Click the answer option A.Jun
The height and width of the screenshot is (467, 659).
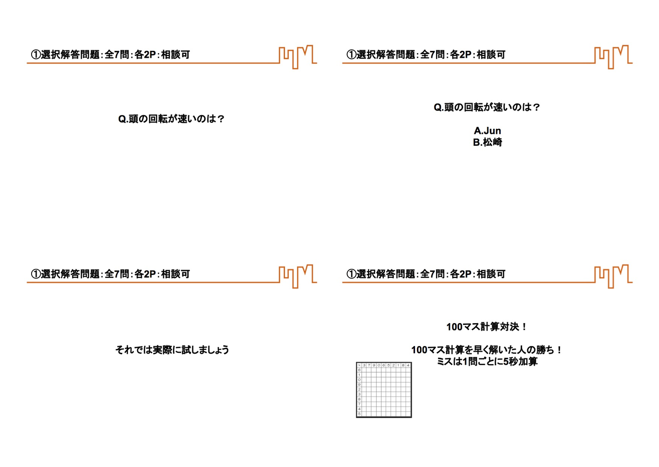(487, 131)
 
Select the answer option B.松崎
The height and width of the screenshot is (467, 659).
(487, 143)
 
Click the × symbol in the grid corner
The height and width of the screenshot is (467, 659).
(359, 365)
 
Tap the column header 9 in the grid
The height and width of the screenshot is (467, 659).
(374, 365)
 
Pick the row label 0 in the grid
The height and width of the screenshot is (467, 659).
(359, 380)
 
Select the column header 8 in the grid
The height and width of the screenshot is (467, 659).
(403, 365)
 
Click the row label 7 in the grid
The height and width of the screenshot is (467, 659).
(359, 404)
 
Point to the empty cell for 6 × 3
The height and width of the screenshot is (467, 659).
(364, 370)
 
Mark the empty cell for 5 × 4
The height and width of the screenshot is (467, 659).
(408, 414)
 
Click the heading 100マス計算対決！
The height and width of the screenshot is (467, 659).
(486, 327)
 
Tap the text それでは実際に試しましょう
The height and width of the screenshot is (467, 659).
(172, 350)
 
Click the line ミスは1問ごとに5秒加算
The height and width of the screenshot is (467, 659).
(487, 361)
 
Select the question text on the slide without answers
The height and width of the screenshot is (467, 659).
(171, 119)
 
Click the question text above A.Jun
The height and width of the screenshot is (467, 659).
(487, 107)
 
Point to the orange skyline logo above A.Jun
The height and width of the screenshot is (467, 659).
(613, 57)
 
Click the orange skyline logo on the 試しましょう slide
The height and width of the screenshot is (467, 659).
(298, 276)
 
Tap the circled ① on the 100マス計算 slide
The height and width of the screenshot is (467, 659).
(351, 274)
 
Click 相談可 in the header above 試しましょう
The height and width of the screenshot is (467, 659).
(175, 274)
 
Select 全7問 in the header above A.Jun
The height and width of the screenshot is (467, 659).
(432, 55)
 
